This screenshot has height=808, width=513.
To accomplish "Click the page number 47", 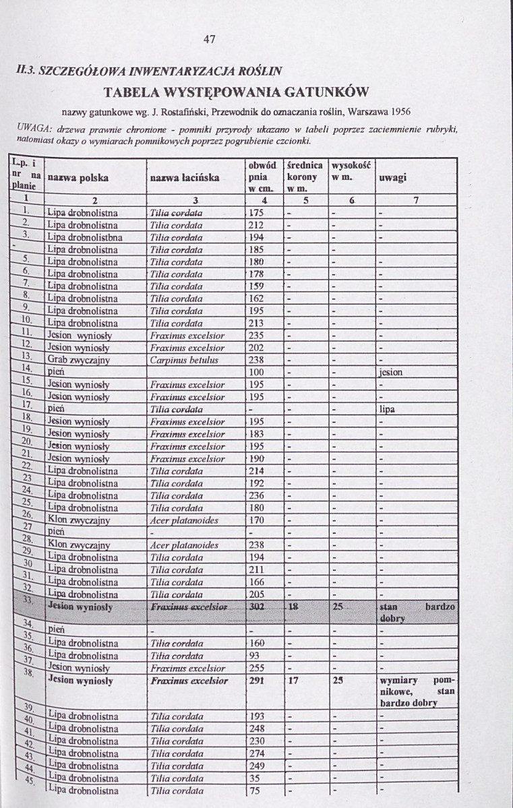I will (209, 38).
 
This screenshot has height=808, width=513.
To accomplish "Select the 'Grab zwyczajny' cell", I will (78, 360).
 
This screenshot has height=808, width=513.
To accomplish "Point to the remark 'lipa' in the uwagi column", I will (387, 409).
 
